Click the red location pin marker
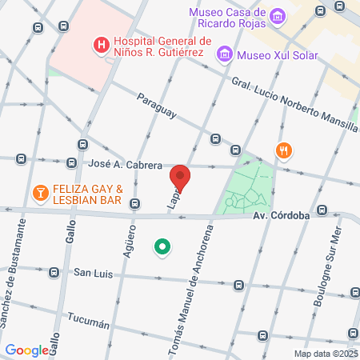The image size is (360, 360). click(x=181, y=178)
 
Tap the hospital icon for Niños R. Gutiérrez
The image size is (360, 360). click(x=102, y=46)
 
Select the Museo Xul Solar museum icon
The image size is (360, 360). click(x=226, y=54)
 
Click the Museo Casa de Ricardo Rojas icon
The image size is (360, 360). click(x=278, y=15)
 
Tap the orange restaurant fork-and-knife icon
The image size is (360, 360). click(x=283, y=150)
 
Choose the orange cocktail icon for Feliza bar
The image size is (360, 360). click(x=38, y=193)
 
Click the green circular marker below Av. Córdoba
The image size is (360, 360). click(x=163, y=247)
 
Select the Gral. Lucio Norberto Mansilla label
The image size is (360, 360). click(x=295, y=104)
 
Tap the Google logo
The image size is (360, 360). click(x=26, y=350)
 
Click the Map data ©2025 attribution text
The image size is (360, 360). click(x=326, y=354)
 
